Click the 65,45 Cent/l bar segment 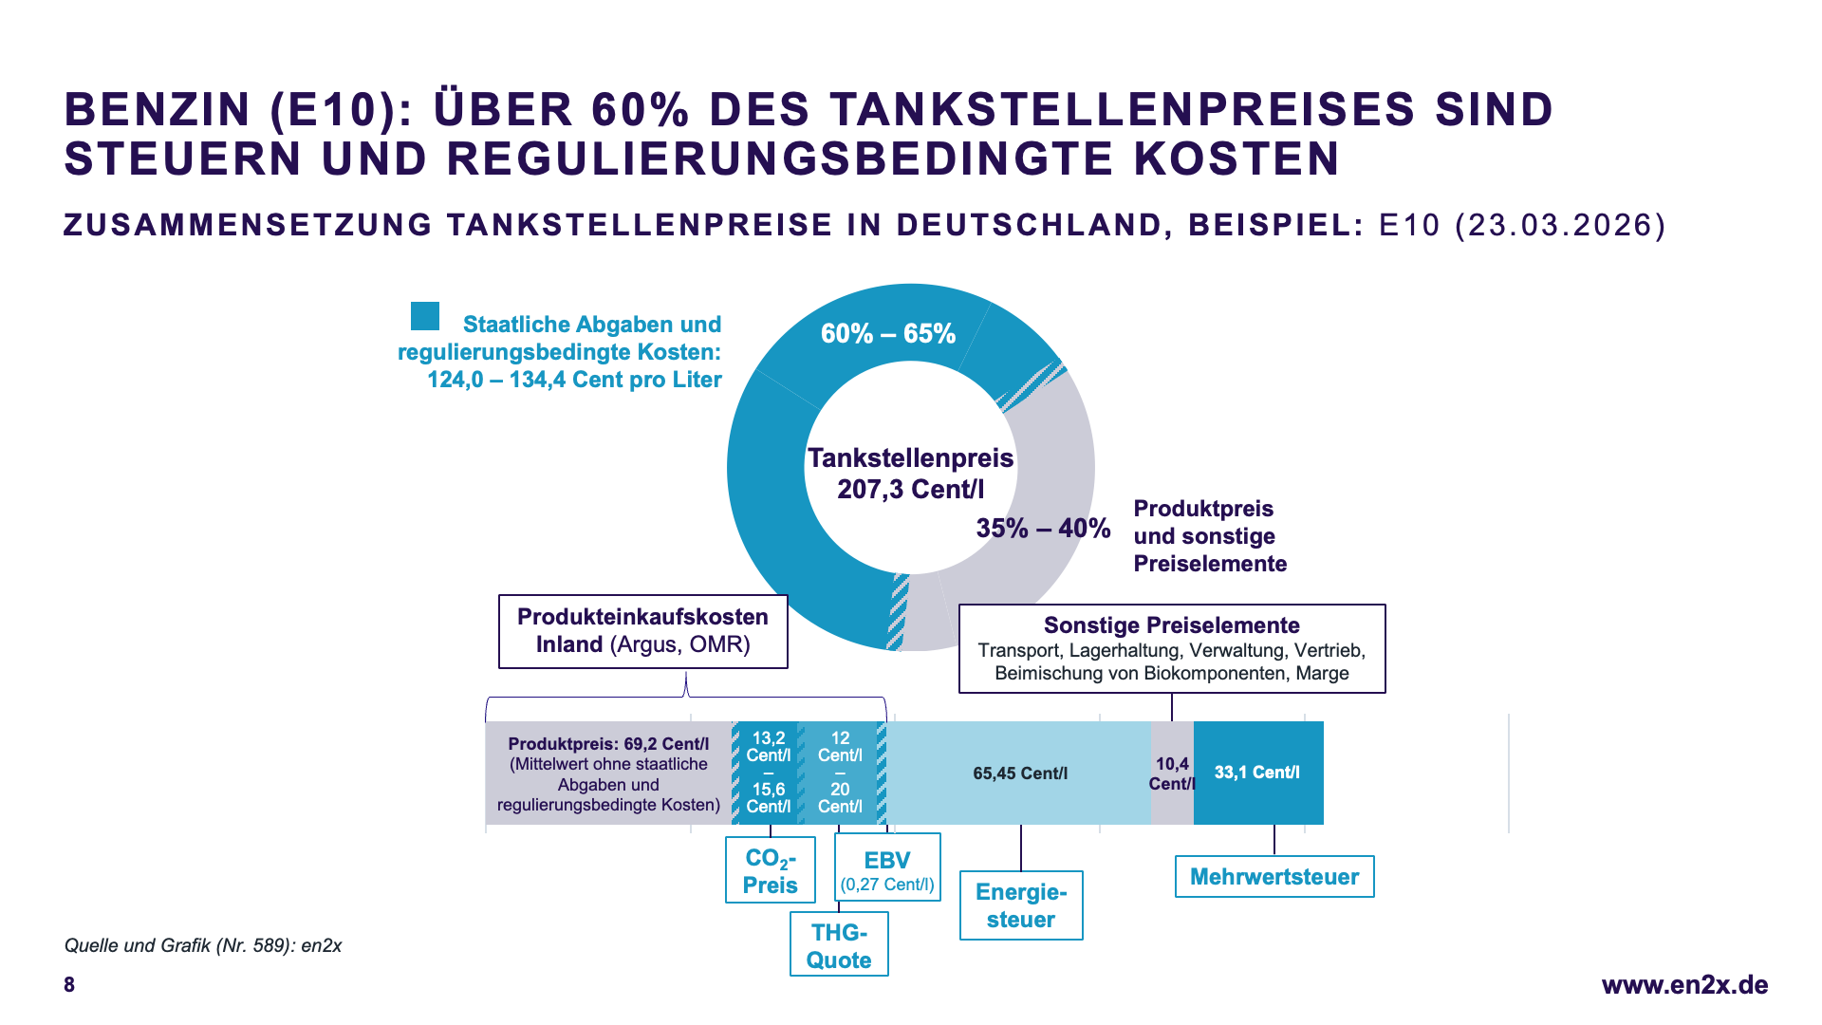coord(1020,773)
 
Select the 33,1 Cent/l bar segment coord(1257,773)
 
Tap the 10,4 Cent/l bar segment coord(1172,773)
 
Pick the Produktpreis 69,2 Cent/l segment coord(608,773)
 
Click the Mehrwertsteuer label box coord(1274,877)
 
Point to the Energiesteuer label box coord(1021,905)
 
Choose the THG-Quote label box coord(839,945)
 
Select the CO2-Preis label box coord(770,870)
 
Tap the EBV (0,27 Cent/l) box coord(887,867)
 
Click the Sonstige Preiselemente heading coord(1172,625)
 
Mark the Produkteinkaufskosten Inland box coord(643,631)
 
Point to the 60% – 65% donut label coord(888,334)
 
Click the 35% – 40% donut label coord(1043,529)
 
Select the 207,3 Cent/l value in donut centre coord(911,490)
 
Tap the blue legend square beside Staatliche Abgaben coord(425,316)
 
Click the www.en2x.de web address coord(1684,985)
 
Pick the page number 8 coord(69,985)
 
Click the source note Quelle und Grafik coord(203,945)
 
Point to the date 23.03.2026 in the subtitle coord(1560,225)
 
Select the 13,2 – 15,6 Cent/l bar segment coord(769,773)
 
